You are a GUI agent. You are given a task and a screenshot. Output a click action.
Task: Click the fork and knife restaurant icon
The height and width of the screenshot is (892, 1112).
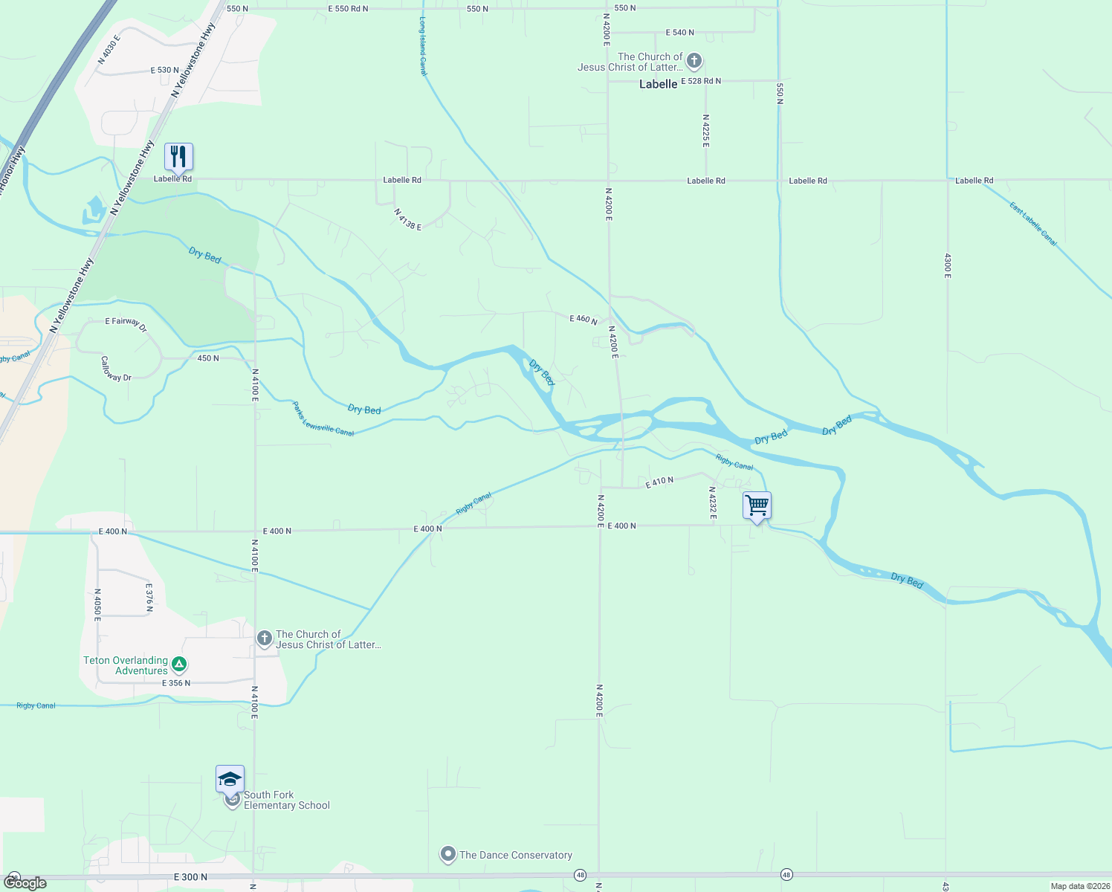tap(178, 157)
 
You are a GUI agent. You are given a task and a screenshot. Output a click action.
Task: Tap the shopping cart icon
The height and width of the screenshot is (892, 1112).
tap(757, 505)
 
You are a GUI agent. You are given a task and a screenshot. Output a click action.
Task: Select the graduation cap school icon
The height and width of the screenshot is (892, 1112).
tap(230, 780)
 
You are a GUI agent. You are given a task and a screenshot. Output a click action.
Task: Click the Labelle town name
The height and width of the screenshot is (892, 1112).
tap(658, 84)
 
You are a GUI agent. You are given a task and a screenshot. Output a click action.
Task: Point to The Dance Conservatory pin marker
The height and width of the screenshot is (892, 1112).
tap(447, 855)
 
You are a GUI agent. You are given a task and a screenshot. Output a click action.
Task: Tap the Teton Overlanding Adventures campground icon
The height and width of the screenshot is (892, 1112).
tap(178, 663)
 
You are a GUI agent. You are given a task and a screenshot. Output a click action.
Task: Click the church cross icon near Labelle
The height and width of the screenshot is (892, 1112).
tap(694, 61)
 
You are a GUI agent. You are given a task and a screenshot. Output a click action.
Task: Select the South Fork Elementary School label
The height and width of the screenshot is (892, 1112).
tap(286, 800)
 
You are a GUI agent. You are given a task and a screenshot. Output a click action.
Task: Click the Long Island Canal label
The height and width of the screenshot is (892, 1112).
tap(423, 46)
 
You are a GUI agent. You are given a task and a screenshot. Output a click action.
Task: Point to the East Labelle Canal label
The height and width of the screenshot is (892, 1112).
tap(1033, 224)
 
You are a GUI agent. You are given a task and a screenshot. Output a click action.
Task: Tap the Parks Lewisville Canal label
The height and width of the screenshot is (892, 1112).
tap(323, 420)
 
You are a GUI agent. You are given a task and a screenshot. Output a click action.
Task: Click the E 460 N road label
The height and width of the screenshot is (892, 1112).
tap(584, 319)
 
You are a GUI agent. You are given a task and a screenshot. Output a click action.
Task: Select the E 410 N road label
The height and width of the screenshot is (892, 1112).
tap(659, 482)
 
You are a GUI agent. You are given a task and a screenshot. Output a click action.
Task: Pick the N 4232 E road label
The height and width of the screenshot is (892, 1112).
tap(712, 502)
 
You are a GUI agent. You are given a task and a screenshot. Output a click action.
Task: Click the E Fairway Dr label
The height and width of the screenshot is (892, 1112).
tap(126, 325)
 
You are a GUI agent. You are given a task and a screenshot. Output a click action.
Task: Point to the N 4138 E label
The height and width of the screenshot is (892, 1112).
tap(408, 219)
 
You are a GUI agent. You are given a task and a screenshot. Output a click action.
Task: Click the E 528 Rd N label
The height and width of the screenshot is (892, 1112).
tap(700, 81)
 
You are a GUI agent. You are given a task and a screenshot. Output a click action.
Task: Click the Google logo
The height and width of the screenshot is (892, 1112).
tap(25, 883)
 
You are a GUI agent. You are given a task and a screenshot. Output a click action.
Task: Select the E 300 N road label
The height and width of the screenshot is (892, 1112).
tap(191, 877)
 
